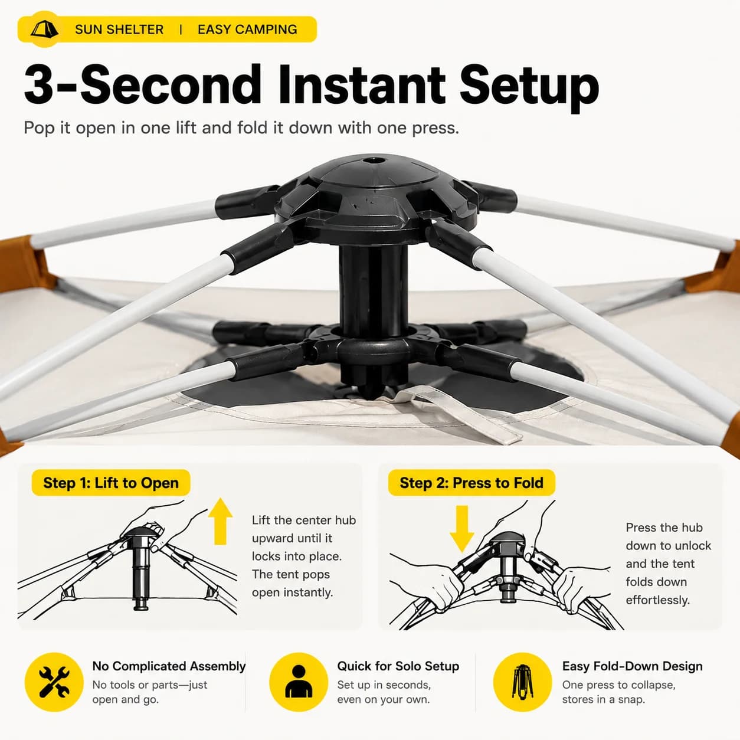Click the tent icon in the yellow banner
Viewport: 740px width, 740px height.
(x=44, y=29)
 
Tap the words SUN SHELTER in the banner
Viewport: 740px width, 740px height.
(x=119, y=30)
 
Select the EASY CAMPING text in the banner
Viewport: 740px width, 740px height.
(x=247, y=30)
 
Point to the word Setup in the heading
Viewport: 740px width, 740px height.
(x=529, y=89)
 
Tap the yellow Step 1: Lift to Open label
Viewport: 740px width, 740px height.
(x=111, y=483)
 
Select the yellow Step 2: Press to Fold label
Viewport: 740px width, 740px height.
(x=471, y=483)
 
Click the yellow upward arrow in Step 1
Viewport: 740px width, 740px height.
(x=220, y=521)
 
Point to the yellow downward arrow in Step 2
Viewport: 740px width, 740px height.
(x=462, y=529)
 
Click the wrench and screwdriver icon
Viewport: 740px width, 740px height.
(x=54, y=682)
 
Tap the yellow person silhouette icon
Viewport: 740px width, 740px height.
(x=299, y=682)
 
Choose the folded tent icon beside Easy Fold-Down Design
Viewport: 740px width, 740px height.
(x=522, y=682)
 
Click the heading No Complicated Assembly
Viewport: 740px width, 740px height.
(x=169, y=666)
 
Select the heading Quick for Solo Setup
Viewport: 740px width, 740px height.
(x=398, y=666)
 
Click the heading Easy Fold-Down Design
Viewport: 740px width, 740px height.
(x=633, y=666)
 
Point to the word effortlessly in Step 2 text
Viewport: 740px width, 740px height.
(x=658, y=600)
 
